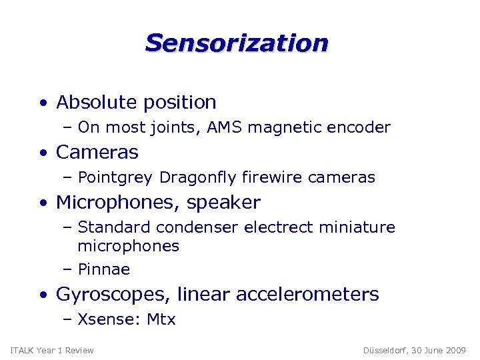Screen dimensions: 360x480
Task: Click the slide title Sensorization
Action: point(237,43)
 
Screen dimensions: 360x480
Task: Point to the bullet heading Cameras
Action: point(97,152)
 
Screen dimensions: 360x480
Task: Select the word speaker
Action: point(225,203)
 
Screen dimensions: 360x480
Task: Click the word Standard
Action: point(109,228)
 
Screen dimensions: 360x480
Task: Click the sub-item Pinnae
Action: point(103,270)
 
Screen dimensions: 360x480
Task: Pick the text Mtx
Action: point(161,320)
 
